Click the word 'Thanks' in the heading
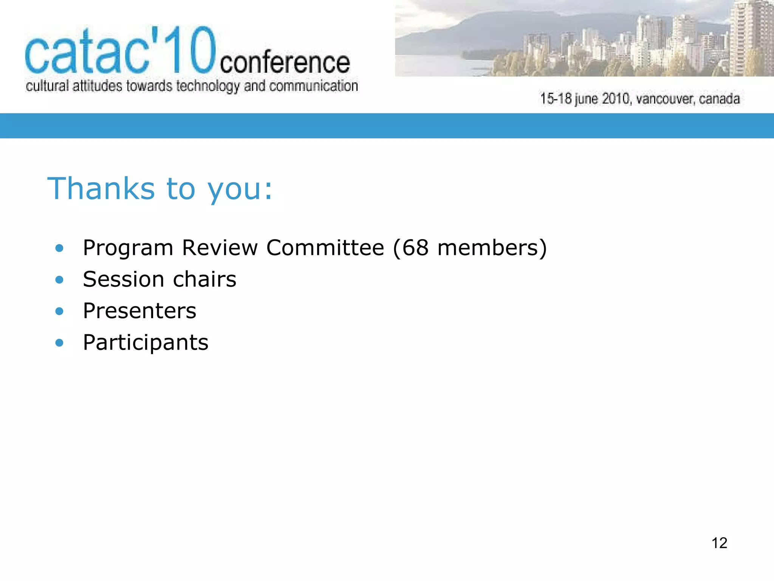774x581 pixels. (x=101, y=188)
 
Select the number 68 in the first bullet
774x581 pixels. (x=415, y=248)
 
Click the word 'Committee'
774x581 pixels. (x=325, y=248)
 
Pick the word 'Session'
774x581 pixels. (x=124, y=280)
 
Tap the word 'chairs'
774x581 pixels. (x=204, y=280)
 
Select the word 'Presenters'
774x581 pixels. (x=139, y=311)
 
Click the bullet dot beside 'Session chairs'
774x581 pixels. (x=59, y=280)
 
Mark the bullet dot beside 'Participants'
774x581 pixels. (x=59, y=343)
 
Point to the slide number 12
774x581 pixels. (x=719, y=543)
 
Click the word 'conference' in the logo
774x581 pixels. (x=285, y=63)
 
